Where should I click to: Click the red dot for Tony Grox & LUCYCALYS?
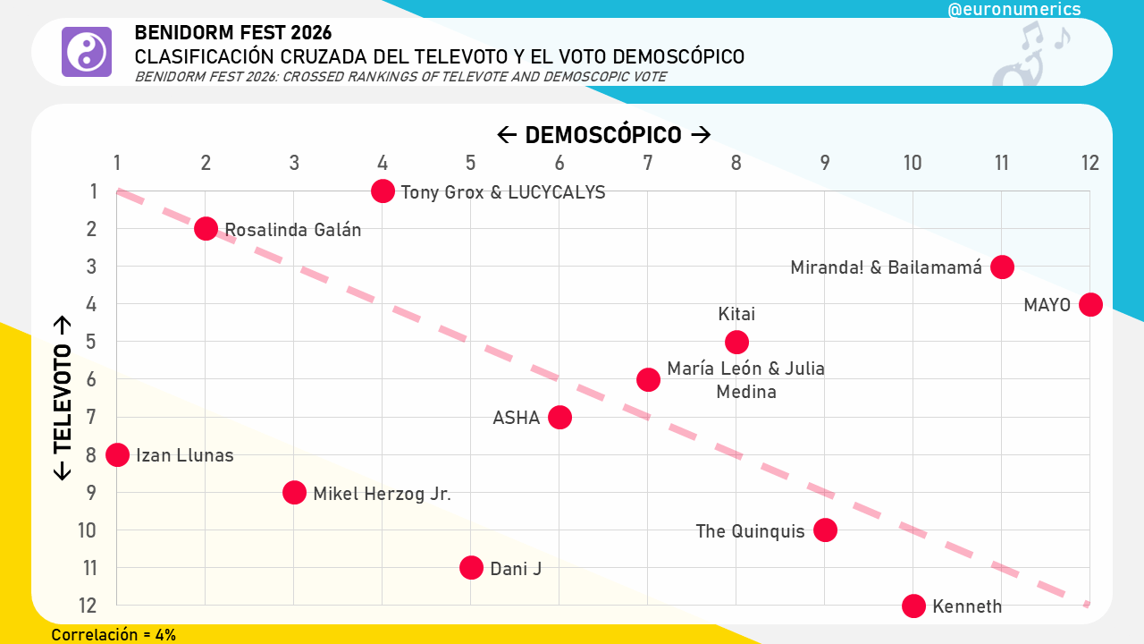[x=383, y=191]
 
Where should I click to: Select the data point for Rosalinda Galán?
[x=206, y=228]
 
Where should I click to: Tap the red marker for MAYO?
[x=1090, y=304]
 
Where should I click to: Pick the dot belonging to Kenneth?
[x=913, y=606]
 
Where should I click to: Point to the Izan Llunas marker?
[x=117, y=454]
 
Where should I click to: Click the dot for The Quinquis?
[x=825, y=530]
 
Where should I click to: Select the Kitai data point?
[x=736, y=342]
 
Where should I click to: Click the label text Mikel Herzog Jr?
[x=382, y=493]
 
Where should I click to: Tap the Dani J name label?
[x=516, y=568]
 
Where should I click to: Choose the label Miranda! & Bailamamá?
[x=886, y=267]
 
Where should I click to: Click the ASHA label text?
[x=517, y=418]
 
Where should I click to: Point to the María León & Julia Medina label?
[x=745, y=380]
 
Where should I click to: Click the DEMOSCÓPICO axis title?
[x=603, y=135]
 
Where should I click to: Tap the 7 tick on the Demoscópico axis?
[x=648, y=163]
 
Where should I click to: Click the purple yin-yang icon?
[x=87, y=52]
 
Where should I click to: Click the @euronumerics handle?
[x=1014, y=10]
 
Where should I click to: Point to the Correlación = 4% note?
[x=114, y=635]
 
